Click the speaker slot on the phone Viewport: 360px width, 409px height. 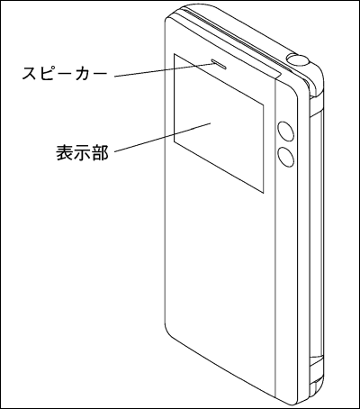click(x=220, y=63)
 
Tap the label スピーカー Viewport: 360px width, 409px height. click(x=65, y=74)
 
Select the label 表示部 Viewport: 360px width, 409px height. click(x=82, y=152)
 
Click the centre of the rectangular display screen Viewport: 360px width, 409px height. click(x=219, y=123)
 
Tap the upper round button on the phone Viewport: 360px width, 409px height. click(x=285, y=131)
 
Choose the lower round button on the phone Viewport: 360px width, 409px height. click(x=285, y=157)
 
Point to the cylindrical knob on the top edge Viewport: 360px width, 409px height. click(x=299, y=59)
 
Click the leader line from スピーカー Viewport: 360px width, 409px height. click(x=164, y=70)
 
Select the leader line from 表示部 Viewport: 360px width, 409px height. click(x=163, y=137)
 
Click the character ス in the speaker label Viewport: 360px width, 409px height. click(x=31, y=74)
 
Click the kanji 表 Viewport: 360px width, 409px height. click(x=65, y=152)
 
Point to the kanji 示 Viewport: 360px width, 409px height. click(x=82, y=152)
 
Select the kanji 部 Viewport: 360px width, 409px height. click(x=100, y=152)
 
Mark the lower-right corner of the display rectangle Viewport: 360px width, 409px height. click(x=264, y=193)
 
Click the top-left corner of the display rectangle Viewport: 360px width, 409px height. click(x=174, y=54)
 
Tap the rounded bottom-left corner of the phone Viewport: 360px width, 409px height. click(x=168, y=332)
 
